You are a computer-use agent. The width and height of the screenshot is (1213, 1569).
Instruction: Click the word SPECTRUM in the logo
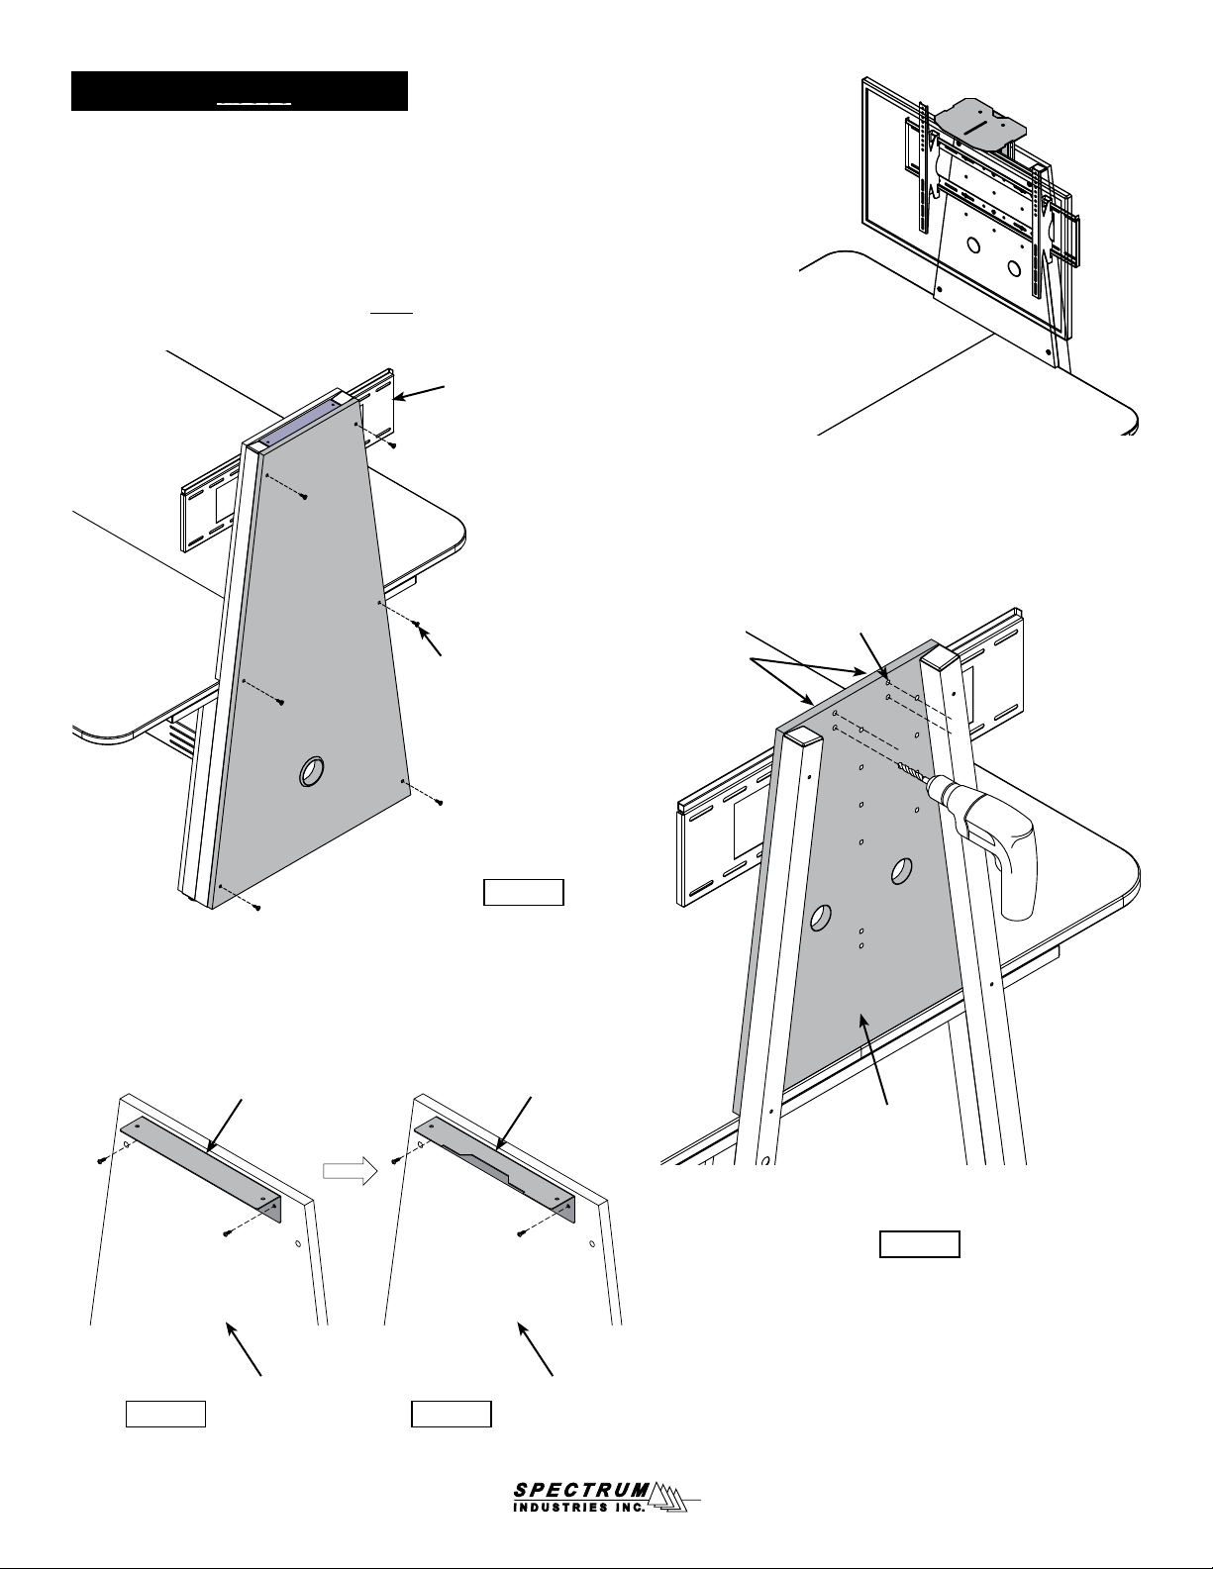[582, 1484]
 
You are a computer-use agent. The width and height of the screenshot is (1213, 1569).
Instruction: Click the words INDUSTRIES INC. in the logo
[579, 1503]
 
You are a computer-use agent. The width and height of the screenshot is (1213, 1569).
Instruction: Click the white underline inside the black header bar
[253, 104]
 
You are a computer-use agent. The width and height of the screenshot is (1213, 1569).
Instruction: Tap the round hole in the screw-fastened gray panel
[311, 772]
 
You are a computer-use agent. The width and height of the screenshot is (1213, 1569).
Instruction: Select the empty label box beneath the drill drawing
[919, 1244]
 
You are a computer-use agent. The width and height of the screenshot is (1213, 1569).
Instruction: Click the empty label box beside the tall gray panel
[524, 892]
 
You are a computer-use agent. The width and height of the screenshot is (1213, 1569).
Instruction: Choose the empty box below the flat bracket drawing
[166, 1414]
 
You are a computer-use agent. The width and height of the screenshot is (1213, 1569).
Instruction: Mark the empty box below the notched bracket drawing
[452, 1414]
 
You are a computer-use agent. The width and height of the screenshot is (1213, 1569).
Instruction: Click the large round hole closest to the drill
[901, 871]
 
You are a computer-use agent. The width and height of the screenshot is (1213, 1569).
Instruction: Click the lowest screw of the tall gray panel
[256, 908]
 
